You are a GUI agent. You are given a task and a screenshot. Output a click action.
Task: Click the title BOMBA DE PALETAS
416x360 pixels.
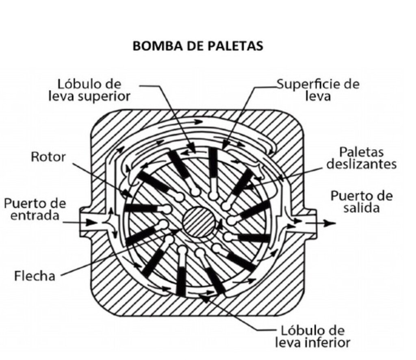pyautogui.click(x=198, y=46)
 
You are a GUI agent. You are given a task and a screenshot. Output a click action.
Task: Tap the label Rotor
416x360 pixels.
pyautogui.click(x=48, y=157)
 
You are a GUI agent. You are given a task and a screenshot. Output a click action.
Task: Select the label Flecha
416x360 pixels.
pyautogui.click(x=35, y=275)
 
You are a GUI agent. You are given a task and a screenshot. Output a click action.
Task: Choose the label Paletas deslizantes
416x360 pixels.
pyautogui.click(x=361, y=158)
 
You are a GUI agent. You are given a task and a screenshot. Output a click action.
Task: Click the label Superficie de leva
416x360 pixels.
pyautogui.click(x=318, y=90)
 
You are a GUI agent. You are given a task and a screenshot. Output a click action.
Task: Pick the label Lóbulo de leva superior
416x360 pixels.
pyautogui.click(x=89, y=90)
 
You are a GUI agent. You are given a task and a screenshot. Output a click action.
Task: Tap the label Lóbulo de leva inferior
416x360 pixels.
pyautogui.click(x=313, y=336)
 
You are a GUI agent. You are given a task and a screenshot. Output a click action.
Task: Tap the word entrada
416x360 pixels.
pyautogui.click(x=35, y=215)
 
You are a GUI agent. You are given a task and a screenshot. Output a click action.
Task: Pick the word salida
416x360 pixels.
pyautogui.click(x=362, y=208)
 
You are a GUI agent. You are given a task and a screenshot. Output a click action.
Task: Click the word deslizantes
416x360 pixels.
pyautogui.click(x=361, y=164)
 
